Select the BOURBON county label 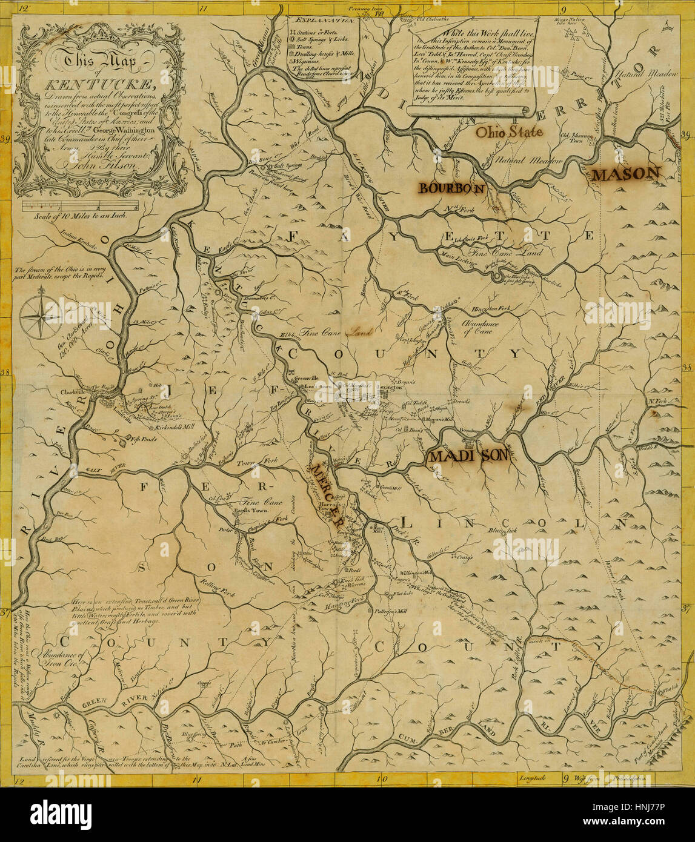452,188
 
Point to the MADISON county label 468,456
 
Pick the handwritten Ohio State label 508,131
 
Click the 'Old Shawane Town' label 574,137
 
